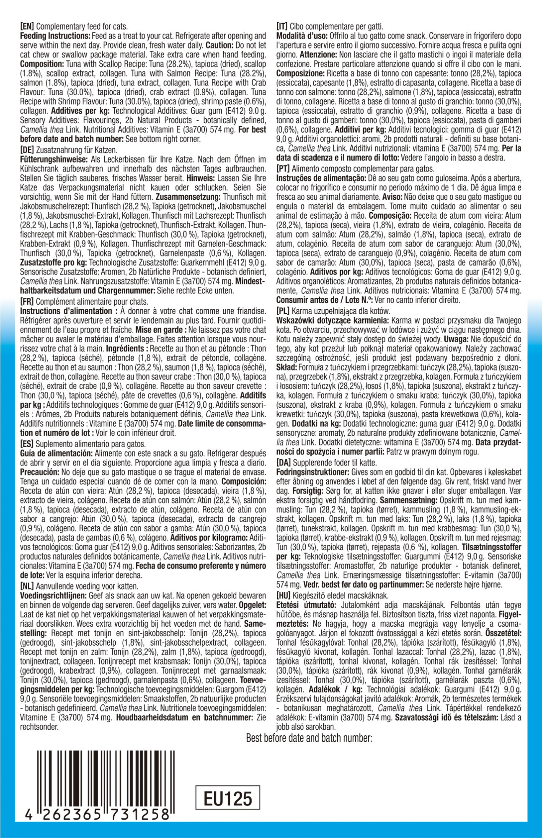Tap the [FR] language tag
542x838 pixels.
pyautogui.click(x=28, y=302)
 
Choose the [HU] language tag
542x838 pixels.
pyautogui.click(x=284, y=595)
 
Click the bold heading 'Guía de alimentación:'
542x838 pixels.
pyautogui.click(x=56, y=454)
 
